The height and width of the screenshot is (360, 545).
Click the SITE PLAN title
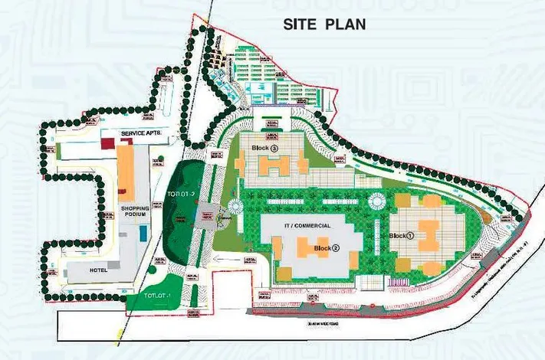[x=324, y=24]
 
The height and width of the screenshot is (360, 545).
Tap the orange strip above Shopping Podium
[x=124, y=168]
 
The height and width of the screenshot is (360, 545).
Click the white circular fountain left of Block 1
[x=376, y=201]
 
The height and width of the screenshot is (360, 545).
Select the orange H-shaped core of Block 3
[x=274, y=164]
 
